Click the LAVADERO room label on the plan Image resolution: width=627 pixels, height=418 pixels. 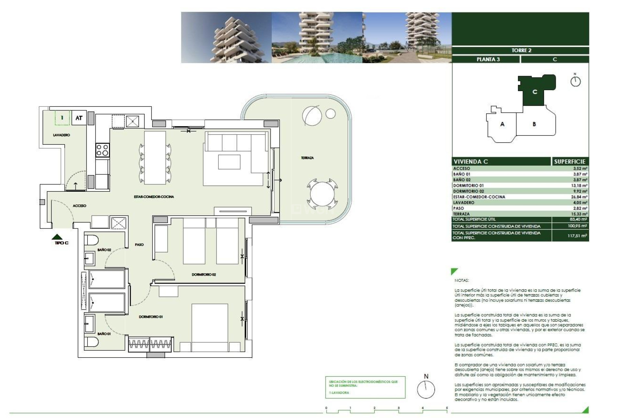tap(61, 135)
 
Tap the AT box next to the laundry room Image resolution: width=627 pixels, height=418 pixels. tap(79, 118)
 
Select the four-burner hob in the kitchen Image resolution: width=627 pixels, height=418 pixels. tap(102, 150)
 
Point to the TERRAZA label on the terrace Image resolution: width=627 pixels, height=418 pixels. tap(307, 158)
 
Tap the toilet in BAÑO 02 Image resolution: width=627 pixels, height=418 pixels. tap(91, 240)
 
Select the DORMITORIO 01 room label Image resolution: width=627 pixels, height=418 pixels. tap(151, 317)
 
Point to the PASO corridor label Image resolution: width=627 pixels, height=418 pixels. tap(139, 245)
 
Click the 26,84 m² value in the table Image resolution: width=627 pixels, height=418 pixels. tap(580, 197)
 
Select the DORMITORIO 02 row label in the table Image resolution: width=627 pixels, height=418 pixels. tap(468, 191)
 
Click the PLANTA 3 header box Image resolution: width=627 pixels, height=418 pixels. tap(488, 59)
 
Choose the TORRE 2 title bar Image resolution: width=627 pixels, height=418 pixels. tap(521, 50)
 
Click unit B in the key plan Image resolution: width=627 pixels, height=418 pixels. tap(534, 124)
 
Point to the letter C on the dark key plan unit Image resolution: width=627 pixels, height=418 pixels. tap(535, 92)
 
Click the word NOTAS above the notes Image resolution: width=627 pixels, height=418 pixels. tap(461, 280)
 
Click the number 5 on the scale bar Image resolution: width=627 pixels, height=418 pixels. tap(447, 408)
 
